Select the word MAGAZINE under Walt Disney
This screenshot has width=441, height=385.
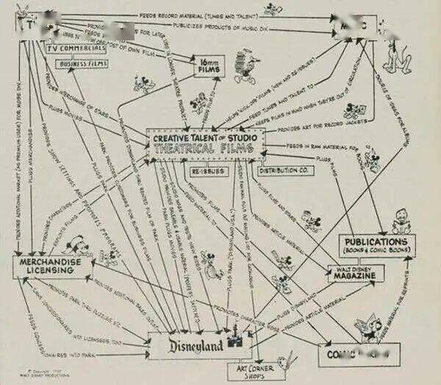coord(356,275)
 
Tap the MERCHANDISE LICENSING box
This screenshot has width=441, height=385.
coord(53,266)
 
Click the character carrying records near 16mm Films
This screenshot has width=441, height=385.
coord(244,68)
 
